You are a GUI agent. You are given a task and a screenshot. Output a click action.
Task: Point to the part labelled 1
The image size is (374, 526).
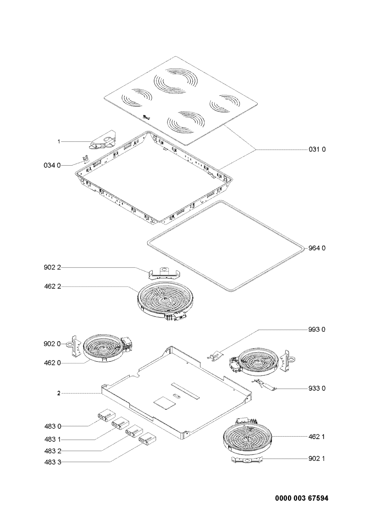tap(102, 141)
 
